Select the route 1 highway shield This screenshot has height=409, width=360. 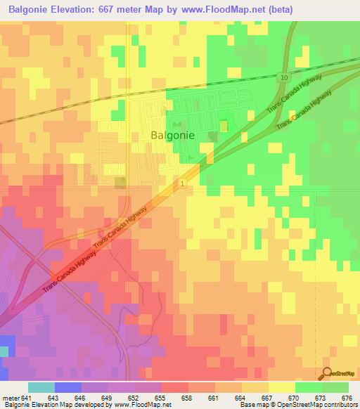(182, 183)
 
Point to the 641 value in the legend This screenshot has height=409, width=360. (26, 397)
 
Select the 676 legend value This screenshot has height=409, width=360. (347, 397)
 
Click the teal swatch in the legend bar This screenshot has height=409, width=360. (41, 387)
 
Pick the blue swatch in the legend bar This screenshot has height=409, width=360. (68, 387)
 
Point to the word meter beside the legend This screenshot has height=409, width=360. (11, 397)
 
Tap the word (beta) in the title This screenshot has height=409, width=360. (276, 10)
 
